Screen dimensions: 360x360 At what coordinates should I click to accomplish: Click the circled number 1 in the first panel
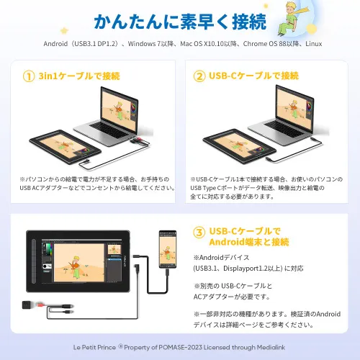pyautogui.click(x=29, y=76)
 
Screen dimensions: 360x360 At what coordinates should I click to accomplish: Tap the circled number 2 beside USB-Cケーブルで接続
pyautogui.click(x=199, y=76)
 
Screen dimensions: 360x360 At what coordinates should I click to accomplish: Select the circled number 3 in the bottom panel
pyautogui.click(x=199, y=233)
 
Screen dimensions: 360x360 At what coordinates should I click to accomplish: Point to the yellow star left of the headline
pyautogui.click(x=64, y=31)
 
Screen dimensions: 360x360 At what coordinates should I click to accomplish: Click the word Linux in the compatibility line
pyautogui.click(x=314, y=44)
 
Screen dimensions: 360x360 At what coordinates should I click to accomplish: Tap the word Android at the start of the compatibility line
pyautogui.click(x=55, y=44)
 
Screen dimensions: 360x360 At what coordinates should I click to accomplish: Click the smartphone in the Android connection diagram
pyautogui.click(x=168, y=249)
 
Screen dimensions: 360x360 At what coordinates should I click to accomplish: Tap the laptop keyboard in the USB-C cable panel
pyautogui.click(x=285, y=129)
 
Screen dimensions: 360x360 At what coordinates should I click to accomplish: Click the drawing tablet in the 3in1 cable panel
pyautogui.click(x=65, y=147)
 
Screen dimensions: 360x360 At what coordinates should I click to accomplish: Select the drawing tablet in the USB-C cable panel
pyautogui.click(x=239, y=146)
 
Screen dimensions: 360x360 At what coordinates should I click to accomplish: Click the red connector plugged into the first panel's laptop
pyautogui.click(x=138, y=140)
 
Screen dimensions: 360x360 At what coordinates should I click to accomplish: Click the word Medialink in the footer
pyautogui.click(x=271, y=347)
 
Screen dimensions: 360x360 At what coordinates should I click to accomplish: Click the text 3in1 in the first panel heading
pyautogui.click(x=48, y=76)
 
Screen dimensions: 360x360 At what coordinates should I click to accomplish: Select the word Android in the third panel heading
pyautogui.click(x=227, y=242)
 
